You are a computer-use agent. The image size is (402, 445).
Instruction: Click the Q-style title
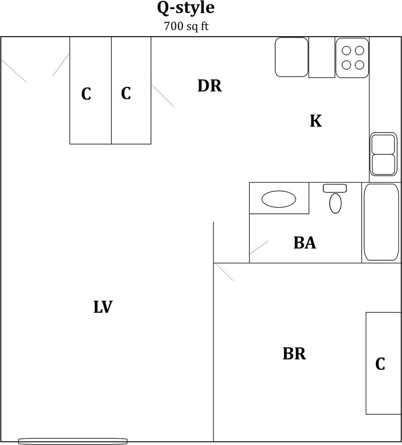click(186, 8)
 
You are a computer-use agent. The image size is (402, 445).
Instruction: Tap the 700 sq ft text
click(186, 26)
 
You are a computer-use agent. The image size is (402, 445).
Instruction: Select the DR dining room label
click(209, 86)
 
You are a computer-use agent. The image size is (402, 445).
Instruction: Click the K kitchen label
click(316, 121)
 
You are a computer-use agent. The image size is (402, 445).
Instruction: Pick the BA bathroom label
click(305, 243)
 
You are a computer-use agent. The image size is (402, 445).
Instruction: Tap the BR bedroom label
click(294, 354)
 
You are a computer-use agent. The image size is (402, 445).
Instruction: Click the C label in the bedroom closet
click(380, 364)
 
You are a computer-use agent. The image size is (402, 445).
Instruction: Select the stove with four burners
click(352, 58)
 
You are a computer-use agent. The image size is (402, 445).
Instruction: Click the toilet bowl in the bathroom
click(335, 203)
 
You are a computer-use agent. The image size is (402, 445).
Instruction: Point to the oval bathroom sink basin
click(279, 199)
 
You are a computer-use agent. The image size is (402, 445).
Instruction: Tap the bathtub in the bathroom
click(381, 222)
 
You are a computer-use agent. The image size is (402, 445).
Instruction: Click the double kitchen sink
click(383, 154)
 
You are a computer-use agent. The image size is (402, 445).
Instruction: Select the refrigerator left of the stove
click(291, 57)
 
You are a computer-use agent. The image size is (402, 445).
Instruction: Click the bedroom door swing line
click(223, 272)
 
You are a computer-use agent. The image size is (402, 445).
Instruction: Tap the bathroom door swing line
click(259, 248)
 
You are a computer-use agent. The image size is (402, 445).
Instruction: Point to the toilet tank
click(335, 188)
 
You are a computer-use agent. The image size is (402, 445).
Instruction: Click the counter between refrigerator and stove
click(322, 57)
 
